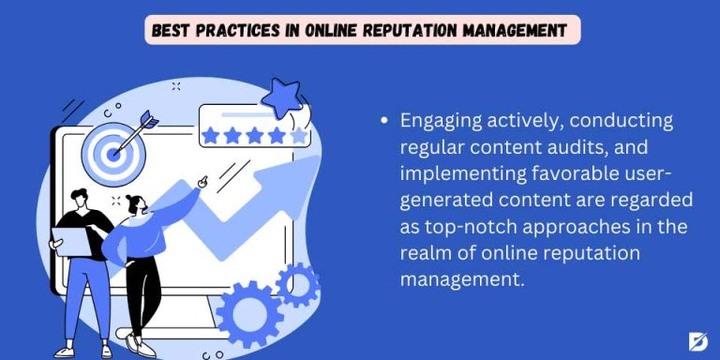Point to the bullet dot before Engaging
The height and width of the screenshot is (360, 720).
pyautogui.click(x=384, y=122)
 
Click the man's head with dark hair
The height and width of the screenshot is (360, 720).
pyautogui.click(x=81, y=200)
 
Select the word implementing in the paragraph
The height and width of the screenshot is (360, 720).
pyautogui.click(x=449, y=173)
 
